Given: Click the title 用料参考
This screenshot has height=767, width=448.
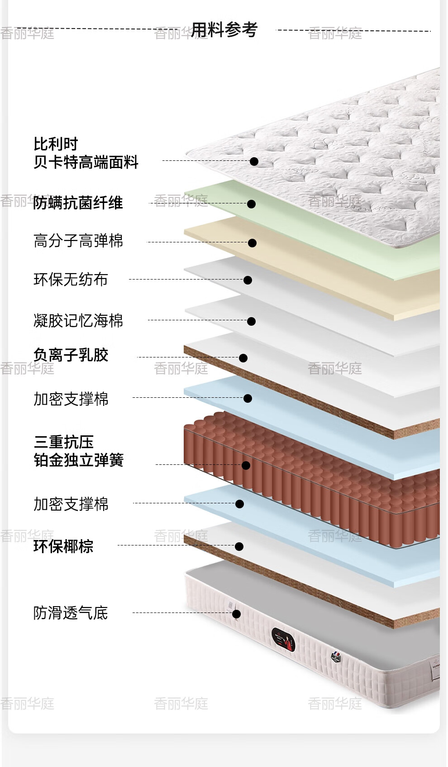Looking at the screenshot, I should (x=224, y=30).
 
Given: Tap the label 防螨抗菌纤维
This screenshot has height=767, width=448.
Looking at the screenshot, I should (x=78, y=203).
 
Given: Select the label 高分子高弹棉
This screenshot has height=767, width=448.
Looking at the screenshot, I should (x=78, y=241).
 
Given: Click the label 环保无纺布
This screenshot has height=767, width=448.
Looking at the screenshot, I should (x=71, y=279).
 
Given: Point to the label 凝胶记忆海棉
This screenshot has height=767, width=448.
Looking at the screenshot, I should (x=78, y=320).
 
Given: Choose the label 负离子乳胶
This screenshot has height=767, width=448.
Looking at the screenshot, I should (x=71, y=355).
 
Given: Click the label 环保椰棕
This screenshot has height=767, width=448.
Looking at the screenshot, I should (x=63, y=546).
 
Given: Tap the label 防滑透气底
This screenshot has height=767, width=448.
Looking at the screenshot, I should (x=71, y=613).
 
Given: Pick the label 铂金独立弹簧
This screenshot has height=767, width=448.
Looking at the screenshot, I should (x=79, y=460).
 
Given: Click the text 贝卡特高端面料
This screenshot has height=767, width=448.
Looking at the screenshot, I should (x=86, y=162).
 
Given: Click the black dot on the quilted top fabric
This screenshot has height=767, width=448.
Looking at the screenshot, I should (x=254, y=161).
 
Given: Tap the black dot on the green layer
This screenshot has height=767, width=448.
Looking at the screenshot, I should (x=252, y=204).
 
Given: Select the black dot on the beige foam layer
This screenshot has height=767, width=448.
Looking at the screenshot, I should (x=253, y=243).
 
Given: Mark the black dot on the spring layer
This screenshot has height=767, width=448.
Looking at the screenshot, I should (x=246, y=465).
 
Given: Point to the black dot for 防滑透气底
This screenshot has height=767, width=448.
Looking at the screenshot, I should (x=236, y=614).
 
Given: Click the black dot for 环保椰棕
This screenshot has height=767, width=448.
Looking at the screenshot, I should (x=239, y=546).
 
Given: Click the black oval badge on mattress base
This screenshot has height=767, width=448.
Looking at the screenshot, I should (x=283, y=639).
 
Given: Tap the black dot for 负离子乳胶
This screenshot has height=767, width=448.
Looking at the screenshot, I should (x=243, y=358).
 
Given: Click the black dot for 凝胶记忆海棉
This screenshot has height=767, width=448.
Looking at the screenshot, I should (x=252, y=321).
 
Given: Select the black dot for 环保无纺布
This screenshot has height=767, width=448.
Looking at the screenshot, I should (x=248, y=280).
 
